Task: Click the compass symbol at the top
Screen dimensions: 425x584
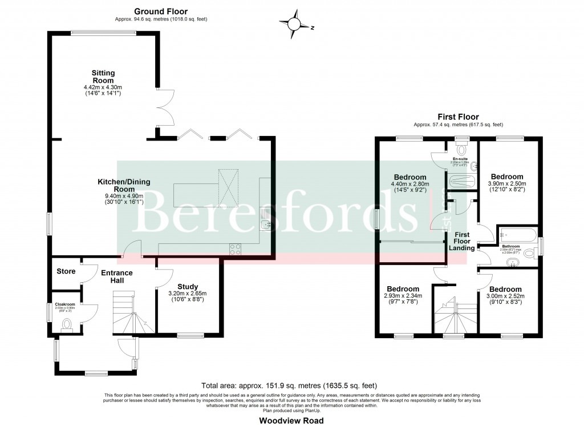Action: pos(295,25)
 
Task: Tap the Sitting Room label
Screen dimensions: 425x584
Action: pos(104,77)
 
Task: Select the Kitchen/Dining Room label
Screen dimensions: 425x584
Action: pos(124,186)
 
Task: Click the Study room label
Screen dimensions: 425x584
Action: pos(187,287)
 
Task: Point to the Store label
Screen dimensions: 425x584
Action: pos(66,271)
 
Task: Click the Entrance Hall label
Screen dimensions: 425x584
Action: pos(117,277)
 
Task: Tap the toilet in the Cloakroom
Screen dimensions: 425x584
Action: pos(67,325)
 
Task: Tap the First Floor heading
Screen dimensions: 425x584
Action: pos(458,117)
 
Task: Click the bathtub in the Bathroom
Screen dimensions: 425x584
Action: pos(517,234)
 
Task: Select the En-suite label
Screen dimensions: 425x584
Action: pos(460,159)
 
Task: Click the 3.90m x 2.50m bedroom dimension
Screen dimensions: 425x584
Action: pos(507,184)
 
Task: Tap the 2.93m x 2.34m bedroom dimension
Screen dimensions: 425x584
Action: pos(403,296)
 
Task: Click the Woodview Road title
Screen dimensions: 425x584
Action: pos(291,420)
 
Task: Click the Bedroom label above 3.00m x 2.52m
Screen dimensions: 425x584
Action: pos(506,289)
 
